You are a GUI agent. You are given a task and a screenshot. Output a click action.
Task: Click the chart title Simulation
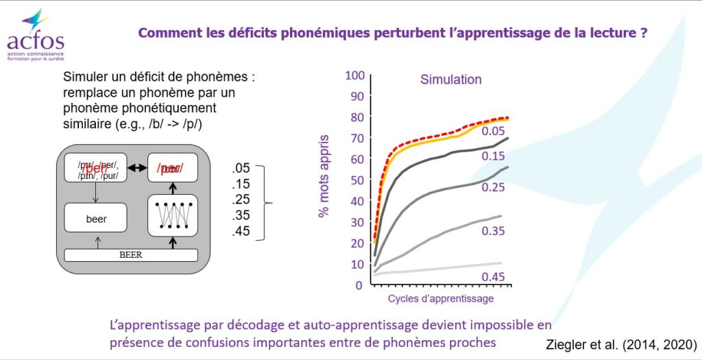pos(450,80)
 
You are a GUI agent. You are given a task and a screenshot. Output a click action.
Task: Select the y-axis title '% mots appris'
pos(324,176)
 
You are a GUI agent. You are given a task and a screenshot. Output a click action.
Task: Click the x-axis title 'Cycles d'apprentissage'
pos(440,299)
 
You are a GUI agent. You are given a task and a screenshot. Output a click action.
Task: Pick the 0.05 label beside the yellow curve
pos(493,132)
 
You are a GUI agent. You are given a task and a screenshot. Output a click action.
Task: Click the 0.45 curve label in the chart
pos(493,277)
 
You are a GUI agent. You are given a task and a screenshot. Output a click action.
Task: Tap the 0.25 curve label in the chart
pos(493,187)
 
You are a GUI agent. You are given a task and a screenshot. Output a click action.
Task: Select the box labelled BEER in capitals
pos(130,255)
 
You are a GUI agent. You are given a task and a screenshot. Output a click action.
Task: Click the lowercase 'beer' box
pos(97,219)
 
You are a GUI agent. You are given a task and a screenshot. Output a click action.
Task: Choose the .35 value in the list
pos(241,215)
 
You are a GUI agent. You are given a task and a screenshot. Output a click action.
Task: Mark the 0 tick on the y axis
pos(358,285)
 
